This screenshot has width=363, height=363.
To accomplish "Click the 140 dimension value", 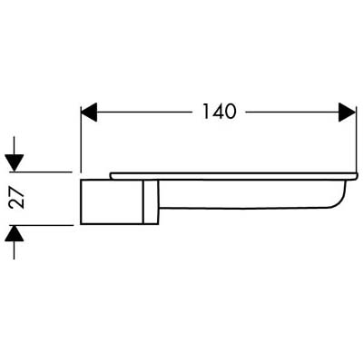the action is coord(219,111).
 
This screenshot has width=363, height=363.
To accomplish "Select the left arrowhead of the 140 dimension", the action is coord(89,113).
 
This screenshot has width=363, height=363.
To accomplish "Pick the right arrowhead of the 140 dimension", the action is coord(347,113).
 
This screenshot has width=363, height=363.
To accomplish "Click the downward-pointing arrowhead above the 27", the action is coord(14,162).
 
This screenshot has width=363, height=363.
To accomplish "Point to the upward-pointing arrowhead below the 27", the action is coord(14,233).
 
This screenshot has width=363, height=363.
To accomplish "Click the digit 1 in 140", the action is coord(205,111).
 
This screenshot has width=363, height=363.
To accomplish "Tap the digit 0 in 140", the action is coord(230,111).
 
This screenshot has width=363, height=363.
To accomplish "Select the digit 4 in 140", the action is coord(217,111).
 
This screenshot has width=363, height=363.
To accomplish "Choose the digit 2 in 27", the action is coord(16,204).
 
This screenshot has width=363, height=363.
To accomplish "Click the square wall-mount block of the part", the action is coord(112,202).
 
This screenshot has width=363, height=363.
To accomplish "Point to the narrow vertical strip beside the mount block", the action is coord(151,202).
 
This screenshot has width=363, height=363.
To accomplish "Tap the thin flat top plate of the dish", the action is coord(234,176).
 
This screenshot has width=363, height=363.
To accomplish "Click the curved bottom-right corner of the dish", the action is coord(338,201).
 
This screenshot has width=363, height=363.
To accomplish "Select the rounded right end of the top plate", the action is coord(357,176).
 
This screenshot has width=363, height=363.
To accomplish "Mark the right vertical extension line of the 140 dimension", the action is coord(358,138).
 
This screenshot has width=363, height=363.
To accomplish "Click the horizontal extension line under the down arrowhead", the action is coord(42,172).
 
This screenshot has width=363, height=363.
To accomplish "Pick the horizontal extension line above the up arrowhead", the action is coord(42,225).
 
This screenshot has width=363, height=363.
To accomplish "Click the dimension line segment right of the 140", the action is coord(292,113).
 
